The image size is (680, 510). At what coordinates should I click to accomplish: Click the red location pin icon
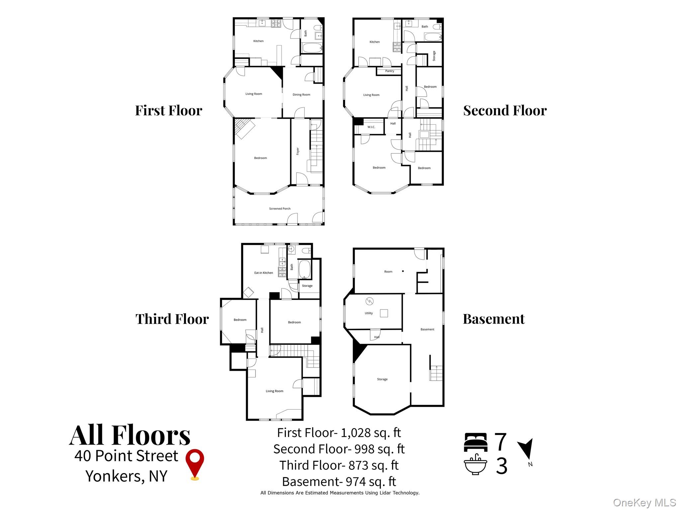coord(195,463)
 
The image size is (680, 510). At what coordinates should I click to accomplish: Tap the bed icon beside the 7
coord(475,442)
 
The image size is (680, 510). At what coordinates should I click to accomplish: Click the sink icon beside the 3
coord(475,465)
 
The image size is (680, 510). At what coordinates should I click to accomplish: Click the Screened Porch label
coord(280,209)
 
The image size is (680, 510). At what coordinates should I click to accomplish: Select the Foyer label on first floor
coord(298,151)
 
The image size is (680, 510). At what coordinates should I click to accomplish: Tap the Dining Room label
coord(301,95)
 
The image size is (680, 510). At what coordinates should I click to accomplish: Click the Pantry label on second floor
coord(389,71)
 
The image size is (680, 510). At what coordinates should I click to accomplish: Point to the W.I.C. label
coord(371,127)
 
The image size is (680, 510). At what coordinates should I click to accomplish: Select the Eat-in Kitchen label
coord(263,273)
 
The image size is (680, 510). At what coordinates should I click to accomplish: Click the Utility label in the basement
coord(369,313)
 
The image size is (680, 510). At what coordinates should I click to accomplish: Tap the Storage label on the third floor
coord(307,286)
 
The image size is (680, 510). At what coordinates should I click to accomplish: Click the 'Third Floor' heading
coord(172,319)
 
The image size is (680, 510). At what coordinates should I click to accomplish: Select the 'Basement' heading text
coord(493,319)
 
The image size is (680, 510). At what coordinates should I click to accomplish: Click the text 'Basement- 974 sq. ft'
coord(339,481)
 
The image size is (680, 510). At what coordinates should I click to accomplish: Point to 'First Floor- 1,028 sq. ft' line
coord(339,433)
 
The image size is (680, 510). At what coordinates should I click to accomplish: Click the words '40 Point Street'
coord(126,456)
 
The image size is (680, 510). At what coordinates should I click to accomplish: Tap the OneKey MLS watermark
coord(644,502)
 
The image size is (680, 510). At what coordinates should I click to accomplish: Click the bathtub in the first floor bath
coord(311,48)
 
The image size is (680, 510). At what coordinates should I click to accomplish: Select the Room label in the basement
coord(388,272)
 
